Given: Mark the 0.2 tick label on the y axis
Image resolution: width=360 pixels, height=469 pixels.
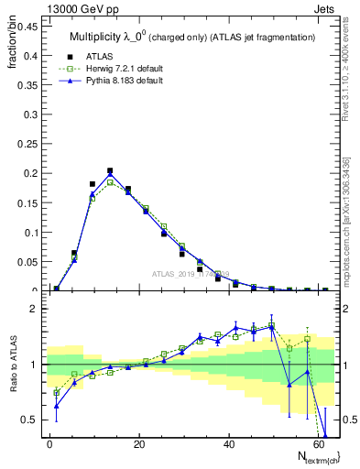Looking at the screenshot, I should tap(30, 173).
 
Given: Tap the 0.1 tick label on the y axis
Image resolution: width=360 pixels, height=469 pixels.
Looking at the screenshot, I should tap(30, 232).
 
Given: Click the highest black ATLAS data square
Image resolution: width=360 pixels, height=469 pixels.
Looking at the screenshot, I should tap(110, 170).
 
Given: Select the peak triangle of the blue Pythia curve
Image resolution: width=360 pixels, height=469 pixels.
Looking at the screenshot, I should tap(110, 174).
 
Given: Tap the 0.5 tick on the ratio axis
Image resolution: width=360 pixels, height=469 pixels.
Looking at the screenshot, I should tap(30, 420).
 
